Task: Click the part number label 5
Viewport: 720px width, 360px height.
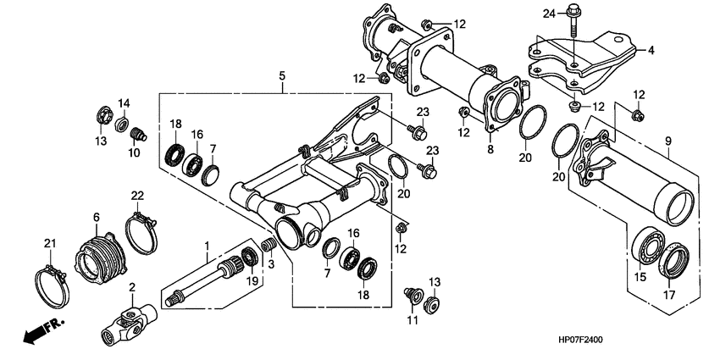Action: (x=282, y=77)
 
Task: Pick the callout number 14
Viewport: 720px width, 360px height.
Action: (x=123, y=103)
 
